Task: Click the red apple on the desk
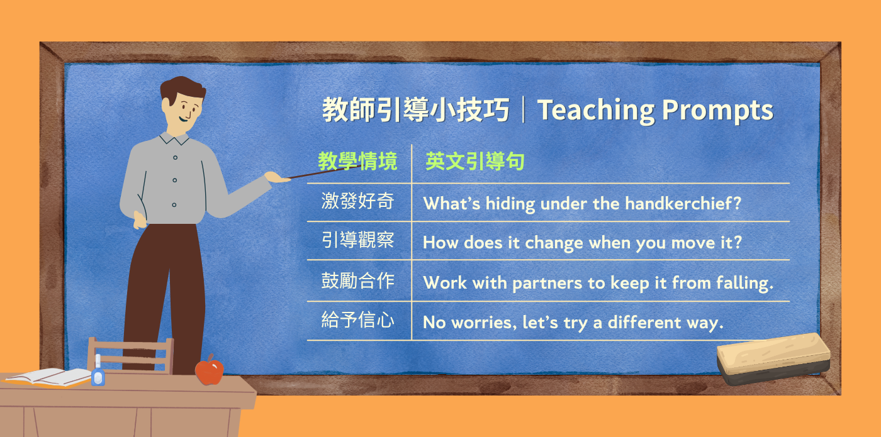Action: [x=209, y=370]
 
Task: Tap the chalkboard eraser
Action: [x=773, y=359]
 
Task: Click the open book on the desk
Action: [x=48, y=377]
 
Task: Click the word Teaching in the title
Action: [x=596, y=111]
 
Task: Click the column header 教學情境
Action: [x=357, y=161]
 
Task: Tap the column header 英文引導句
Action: [x=474, y=161]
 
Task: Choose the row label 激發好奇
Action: [x=357, y=201]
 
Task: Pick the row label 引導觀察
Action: [x=357, y=240]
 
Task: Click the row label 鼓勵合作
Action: [x=357, y=280]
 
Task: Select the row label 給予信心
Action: [x=357, y=319]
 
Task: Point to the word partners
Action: [x=547, y=283]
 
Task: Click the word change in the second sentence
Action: [x=554, y=243]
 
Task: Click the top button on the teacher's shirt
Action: [x=175, y=158]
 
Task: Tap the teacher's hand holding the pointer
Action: [x=277, y=177]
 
